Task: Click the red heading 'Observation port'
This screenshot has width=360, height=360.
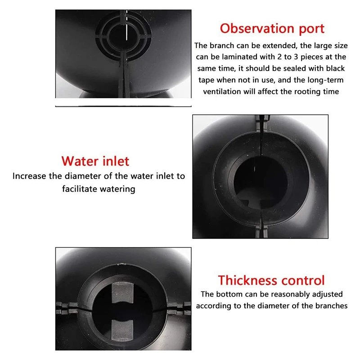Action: pyautogui.click(x=272, y=29)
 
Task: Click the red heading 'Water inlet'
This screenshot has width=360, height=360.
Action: pyautogui.click(x=95, y=161)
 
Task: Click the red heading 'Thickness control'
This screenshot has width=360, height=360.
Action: pyautogui.click(x=271, y=280)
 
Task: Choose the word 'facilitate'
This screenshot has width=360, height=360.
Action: pyautogui.click(x=79, y=189)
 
